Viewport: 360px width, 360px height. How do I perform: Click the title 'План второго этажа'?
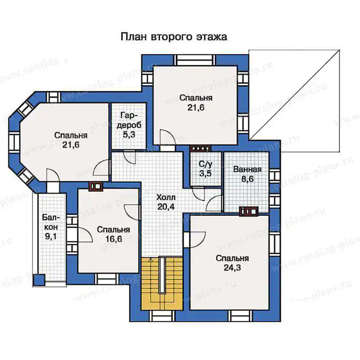[174, 37]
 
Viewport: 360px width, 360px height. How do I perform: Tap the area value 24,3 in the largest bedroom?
[232, 268]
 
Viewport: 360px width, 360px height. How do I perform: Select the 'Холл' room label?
[166, 197]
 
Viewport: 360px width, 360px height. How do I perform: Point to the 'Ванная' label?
[247, 169]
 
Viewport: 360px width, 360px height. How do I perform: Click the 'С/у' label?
[206, 164]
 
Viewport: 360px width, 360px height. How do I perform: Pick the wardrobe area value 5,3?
[129, 135]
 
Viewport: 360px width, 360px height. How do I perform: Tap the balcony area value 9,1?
[51, 236]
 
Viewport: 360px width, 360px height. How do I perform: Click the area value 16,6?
[114, 239]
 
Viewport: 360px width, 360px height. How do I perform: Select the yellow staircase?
[162, 284]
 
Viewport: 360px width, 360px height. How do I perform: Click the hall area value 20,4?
[166, 207]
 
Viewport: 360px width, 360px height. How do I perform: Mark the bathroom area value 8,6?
[247, 179]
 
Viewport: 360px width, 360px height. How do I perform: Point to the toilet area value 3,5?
[205, 173]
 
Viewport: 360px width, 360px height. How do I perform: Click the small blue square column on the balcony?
[39, 280]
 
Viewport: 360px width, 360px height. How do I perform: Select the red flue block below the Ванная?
[249, 211]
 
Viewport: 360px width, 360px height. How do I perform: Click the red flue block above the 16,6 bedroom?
[96, 186]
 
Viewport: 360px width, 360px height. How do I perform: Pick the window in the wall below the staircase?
[162, 316]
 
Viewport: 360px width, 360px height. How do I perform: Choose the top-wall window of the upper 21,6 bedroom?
[195, 60]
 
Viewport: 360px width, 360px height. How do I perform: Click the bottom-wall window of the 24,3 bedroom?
[241, 316]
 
